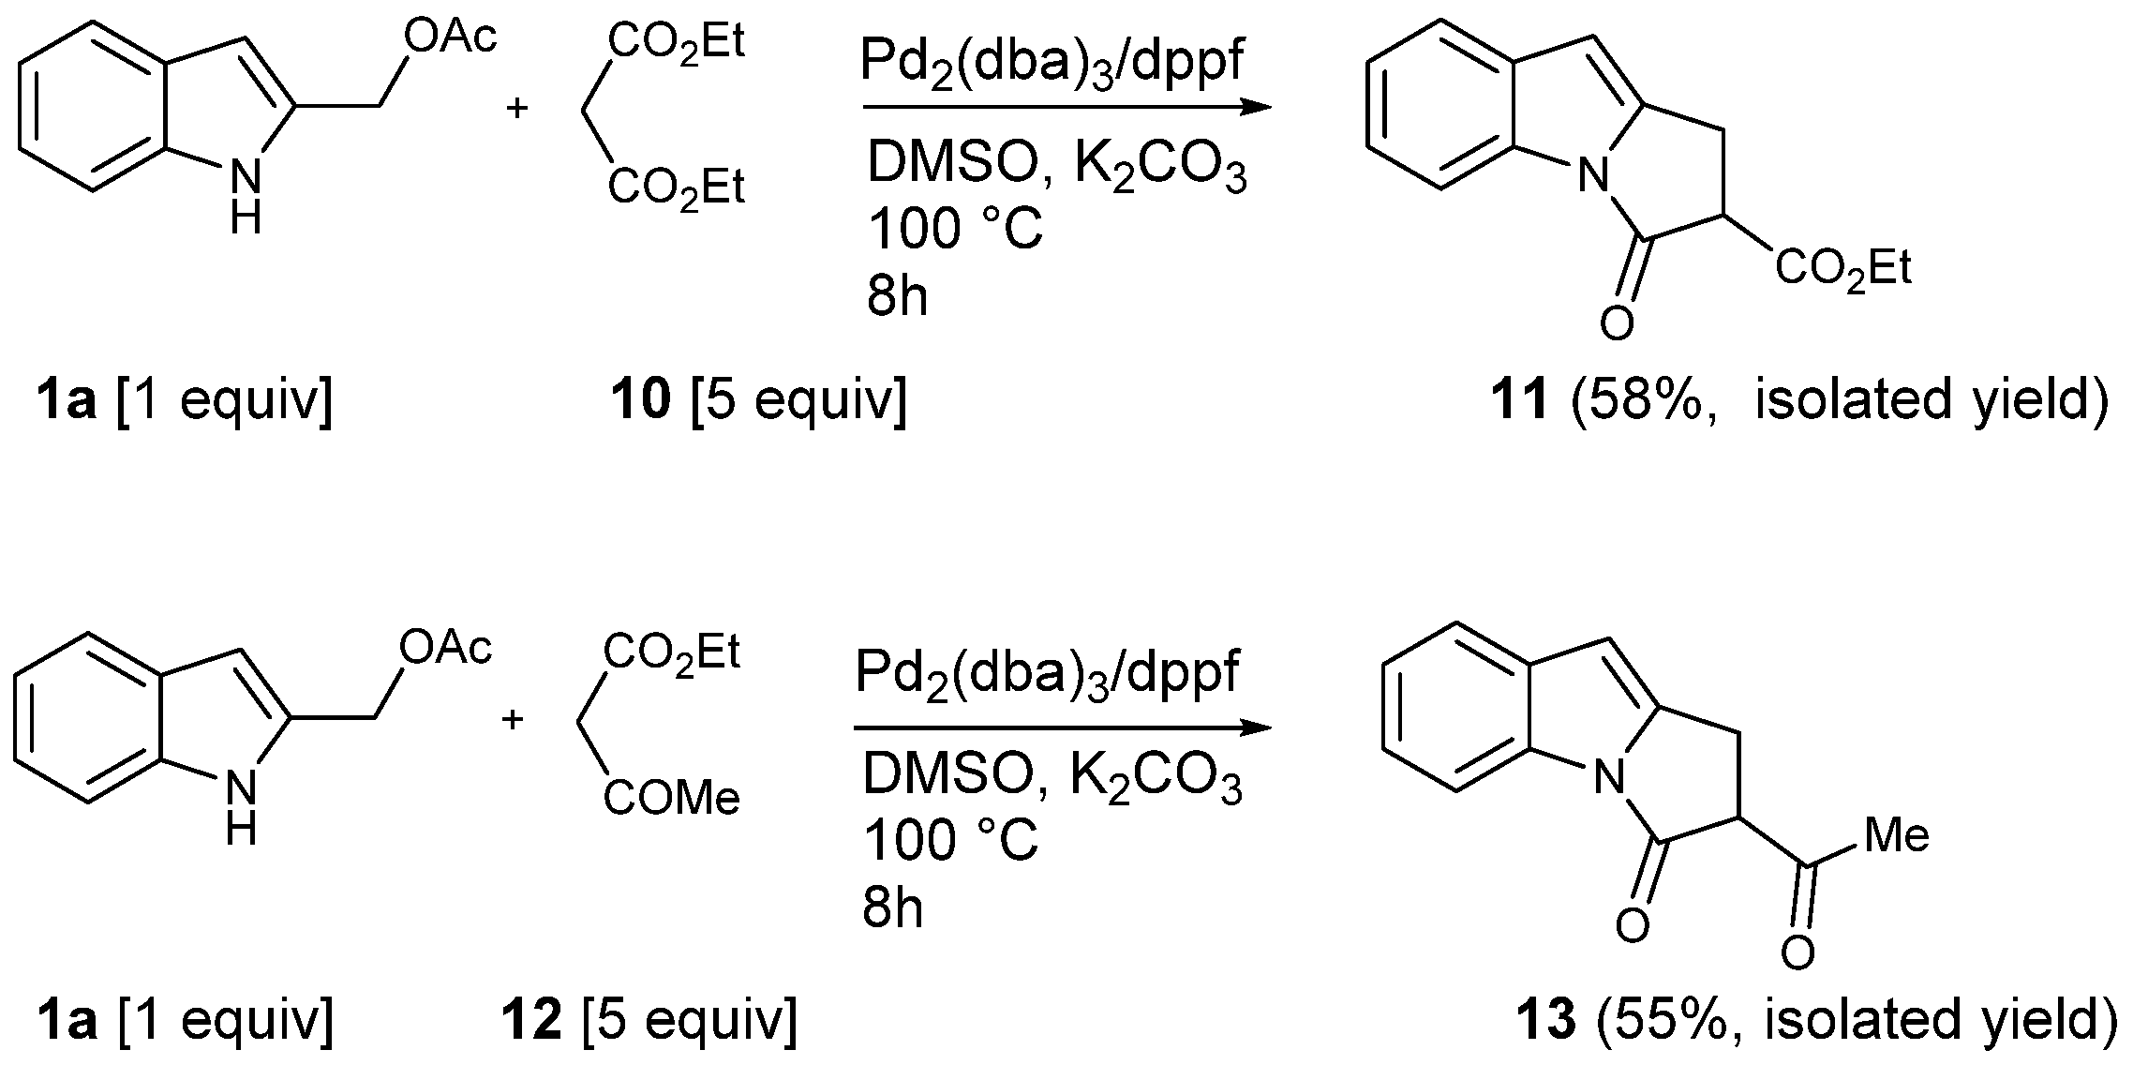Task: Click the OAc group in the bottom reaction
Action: [x=445, y=646]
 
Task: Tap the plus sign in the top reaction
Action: [x=516, y=108]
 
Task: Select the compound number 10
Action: [x=640, y=401]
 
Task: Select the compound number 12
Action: [x=531, y=1020]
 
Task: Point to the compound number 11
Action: [x=1519, y=401]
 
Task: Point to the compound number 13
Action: [x=1546, y=1020]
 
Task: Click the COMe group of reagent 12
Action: [x=671, y=799]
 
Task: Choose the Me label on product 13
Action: [x=1897, y=833]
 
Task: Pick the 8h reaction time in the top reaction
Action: [x=897, y=297]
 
